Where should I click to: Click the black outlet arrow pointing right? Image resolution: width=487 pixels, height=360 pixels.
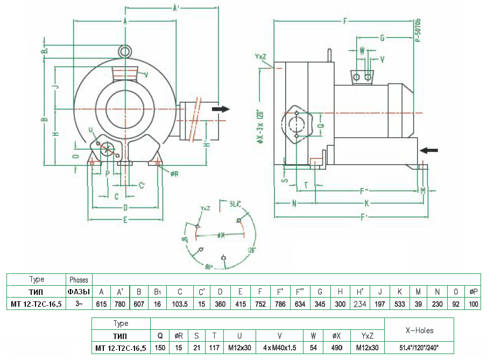click(x=220, y=109)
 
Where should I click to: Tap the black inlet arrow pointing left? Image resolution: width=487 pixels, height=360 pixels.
click(x=429, y=150)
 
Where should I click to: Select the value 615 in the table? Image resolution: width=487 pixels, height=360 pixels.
click(x=101, y=305)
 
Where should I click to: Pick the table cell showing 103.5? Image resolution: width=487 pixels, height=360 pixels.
click(x=180, y=305)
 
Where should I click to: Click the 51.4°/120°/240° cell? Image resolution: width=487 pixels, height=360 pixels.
click(x=419, y=348)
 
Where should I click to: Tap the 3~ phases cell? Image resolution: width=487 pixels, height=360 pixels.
click(x=79, y=305)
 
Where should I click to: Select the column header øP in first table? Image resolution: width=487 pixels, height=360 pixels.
click(x=474, y=292)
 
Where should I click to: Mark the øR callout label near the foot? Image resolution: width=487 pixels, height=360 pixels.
click(x=175, y=173)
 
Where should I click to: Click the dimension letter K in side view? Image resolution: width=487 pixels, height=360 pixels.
click(x=366, y=203)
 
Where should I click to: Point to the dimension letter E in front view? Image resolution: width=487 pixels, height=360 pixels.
click(x=125, y=220)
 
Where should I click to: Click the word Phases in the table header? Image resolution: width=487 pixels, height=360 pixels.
click(x=79, y=280)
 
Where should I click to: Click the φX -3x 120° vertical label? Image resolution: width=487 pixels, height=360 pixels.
click(x=260, y=118)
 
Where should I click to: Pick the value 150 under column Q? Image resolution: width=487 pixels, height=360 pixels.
click(x=160, y=348)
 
